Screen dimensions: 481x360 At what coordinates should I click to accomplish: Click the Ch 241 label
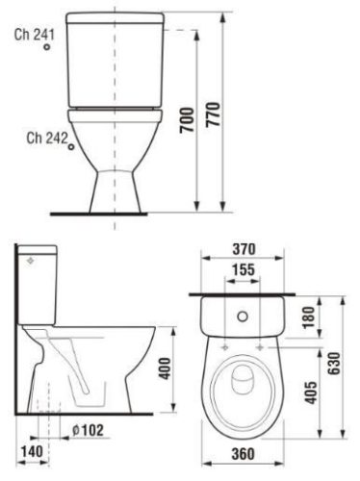[x=36, y=34]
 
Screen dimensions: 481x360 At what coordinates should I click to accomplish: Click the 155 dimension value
[x=243, y=271]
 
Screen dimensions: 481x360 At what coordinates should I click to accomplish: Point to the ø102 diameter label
[x=86, y=430]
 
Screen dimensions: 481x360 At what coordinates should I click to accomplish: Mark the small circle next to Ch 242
[x=72, y=145]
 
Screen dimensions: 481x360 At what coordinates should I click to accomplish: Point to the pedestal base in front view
[x=115, y=188]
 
